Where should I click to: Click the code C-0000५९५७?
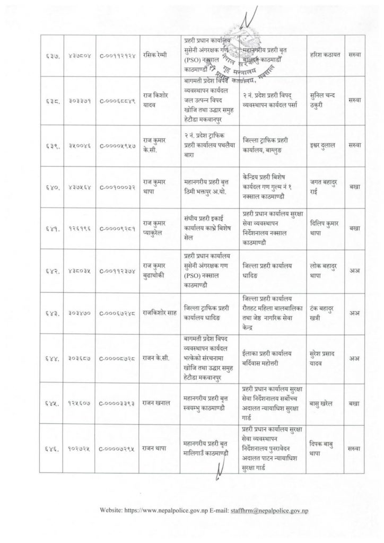(117, 145)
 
